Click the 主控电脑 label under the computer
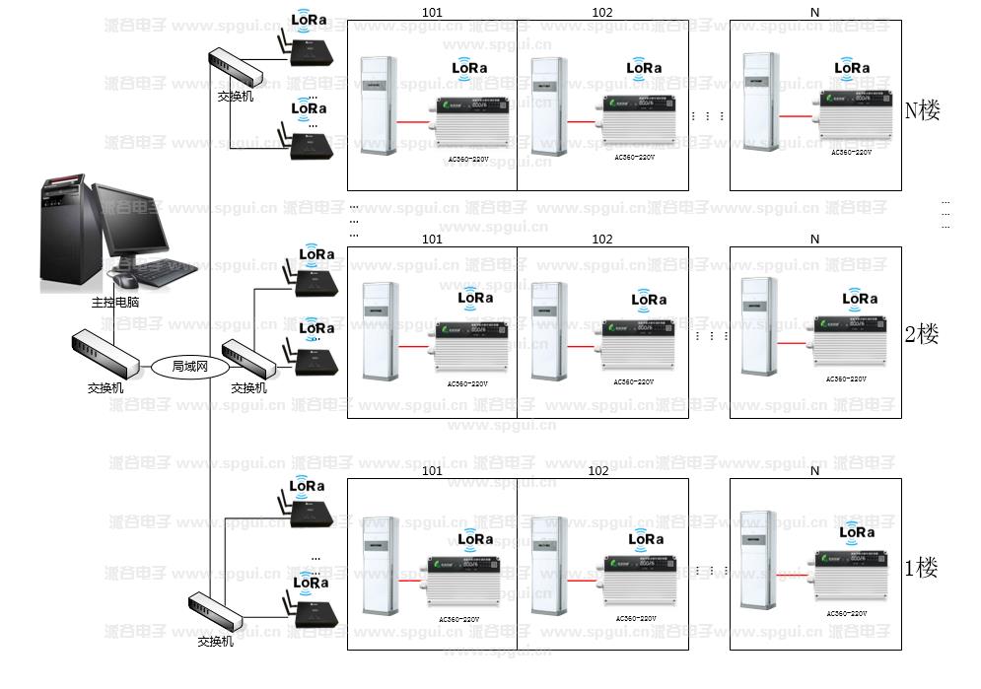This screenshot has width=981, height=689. [x=115, y=302]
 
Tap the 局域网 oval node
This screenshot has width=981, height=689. [x=190, y=367]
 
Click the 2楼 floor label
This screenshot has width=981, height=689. [x=922, y=334]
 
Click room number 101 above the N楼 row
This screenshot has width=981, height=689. [x=432, y=13]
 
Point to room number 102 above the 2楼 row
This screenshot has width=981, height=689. [x=601, y=240]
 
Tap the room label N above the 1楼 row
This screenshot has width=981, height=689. [x=814, y=471]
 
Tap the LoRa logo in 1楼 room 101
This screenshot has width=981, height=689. [x=475, y=538]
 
